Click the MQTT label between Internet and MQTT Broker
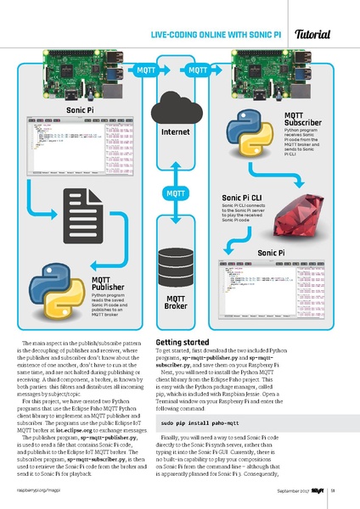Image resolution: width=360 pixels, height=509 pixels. (176, 195)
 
